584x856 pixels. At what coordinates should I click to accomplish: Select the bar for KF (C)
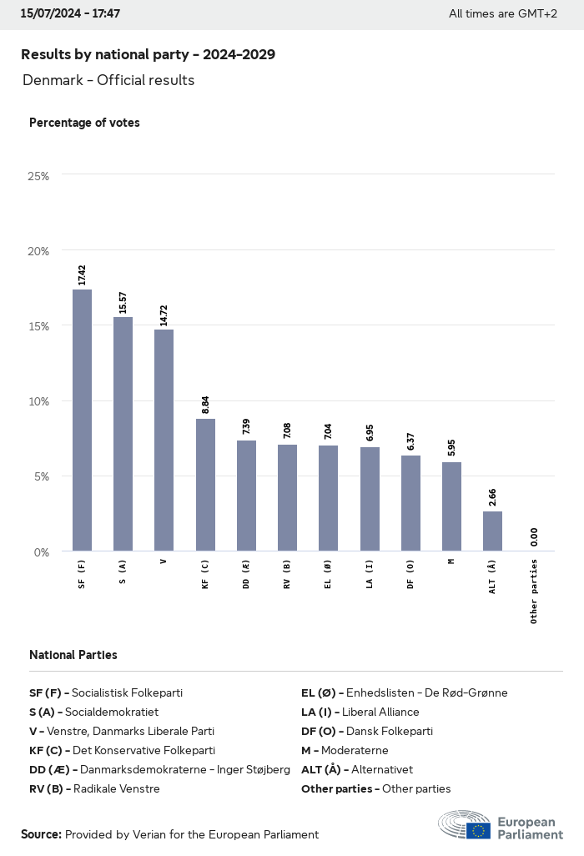click(205, 485)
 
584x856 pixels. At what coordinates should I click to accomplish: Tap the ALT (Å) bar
click(492, 531)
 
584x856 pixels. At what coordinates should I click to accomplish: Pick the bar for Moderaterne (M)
click(451, 506)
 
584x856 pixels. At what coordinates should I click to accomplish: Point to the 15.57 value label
click(123, 302)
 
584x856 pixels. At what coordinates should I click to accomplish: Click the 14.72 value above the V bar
click(164, 315)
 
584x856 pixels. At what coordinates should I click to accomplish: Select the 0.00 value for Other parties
click(533, 536)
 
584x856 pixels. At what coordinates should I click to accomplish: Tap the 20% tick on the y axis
click(38, 251)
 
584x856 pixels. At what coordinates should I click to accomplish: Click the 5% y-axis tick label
click(41, 476)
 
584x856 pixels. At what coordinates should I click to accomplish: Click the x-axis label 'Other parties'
click(534, 592)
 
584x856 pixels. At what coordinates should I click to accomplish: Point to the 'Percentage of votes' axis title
click(84, 123)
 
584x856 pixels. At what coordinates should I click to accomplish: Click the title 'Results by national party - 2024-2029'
click(148, 54)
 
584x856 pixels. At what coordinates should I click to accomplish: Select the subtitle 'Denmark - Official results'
click(108, 80)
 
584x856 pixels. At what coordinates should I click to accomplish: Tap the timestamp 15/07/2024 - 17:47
click(70, 13)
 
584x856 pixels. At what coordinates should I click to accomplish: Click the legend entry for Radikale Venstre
click(94, 788)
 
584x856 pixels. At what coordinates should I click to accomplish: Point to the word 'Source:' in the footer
click(41, 834)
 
